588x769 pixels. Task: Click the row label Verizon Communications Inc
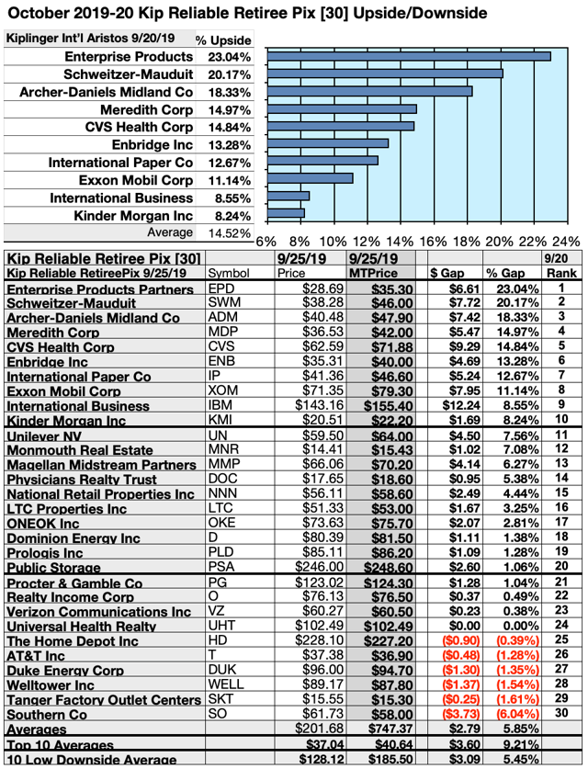(x=98, y=612)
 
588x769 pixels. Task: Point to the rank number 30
(x=558, y=714)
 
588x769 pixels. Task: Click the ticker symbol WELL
(x=225, y=684)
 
